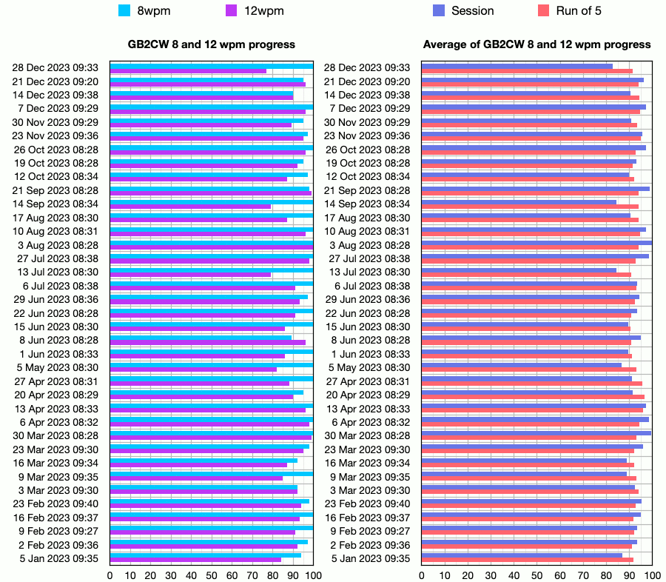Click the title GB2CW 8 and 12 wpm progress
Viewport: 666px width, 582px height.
click(212, 44)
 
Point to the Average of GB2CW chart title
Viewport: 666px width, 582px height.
click(536, 44)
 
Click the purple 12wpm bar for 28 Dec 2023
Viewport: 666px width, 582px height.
click(188, 71)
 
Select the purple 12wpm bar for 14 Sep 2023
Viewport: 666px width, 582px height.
click(190, 207)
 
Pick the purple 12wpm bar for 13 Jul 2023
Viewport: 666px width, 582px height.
click(190, 275)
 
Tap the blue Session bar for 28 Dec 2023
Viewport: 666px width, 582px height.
click(517, 67)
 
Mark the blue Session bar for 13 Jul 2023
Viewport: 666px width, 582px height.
click(519, 270)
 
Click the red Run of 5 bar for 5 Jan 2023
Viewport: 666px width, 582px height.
click(527, 560)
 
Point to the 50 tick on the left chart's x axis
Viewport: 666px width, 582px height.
click(212, 575)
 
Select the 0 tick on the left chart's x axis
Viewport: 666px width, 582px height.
click(110, 575)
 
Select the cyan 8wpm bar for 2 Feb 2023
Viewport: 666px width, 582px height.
click(209, 542)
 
